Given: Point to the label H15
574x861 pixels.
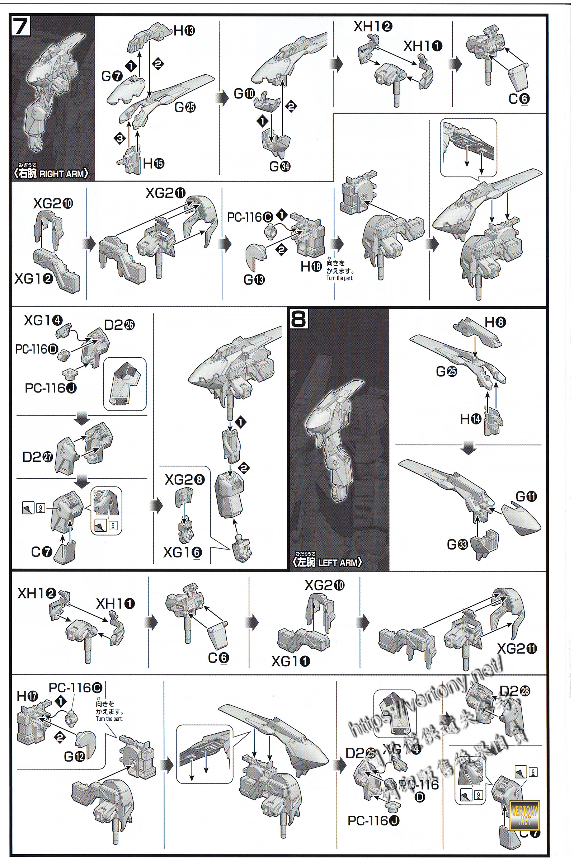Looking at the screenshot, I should [154, 164].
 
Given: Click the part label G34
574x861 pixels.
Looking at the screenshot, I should [280, 166].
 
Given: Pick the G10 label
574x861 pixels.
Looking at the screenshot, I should [244, 94].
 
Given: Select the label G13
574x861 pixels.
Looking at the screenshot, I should [254, 280].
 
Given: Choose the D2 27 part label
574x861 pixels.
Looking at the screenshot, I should [38, 457].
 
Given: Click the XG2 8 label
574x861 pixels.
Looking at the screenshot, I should [184, 480].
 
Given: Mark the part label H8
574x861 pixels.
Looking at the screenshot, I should [496, 323].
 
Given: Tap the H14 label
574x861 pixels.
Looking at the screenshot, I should [470, 419].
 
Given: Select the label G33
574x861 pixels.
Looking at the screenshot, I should [458, 545].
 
